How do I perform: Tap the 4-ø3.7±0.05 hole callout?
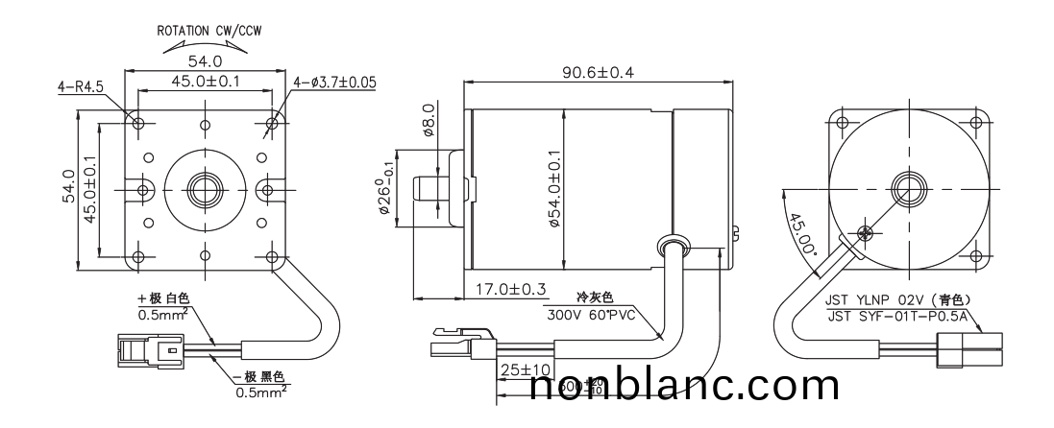pyautogui.click(x=333, y=83)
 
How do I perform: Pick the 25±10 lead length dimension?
pyautogui.click(x=524, y=369)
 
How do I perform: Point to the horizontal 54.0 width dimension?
pyautogui.click(x=205, y=61)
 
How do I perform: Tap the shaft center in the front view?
pyautogui.click(x=205, y=185)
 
